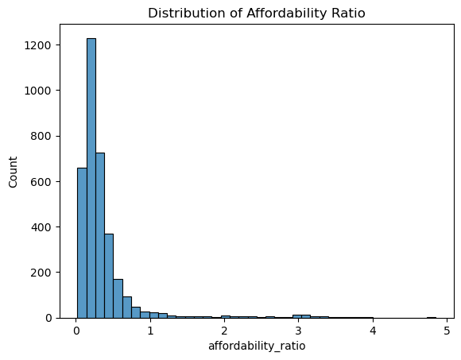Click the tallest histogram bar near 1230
point(91,178)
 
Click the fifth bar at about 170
point(118,299)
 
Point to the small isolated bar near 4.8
point(432,317)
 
